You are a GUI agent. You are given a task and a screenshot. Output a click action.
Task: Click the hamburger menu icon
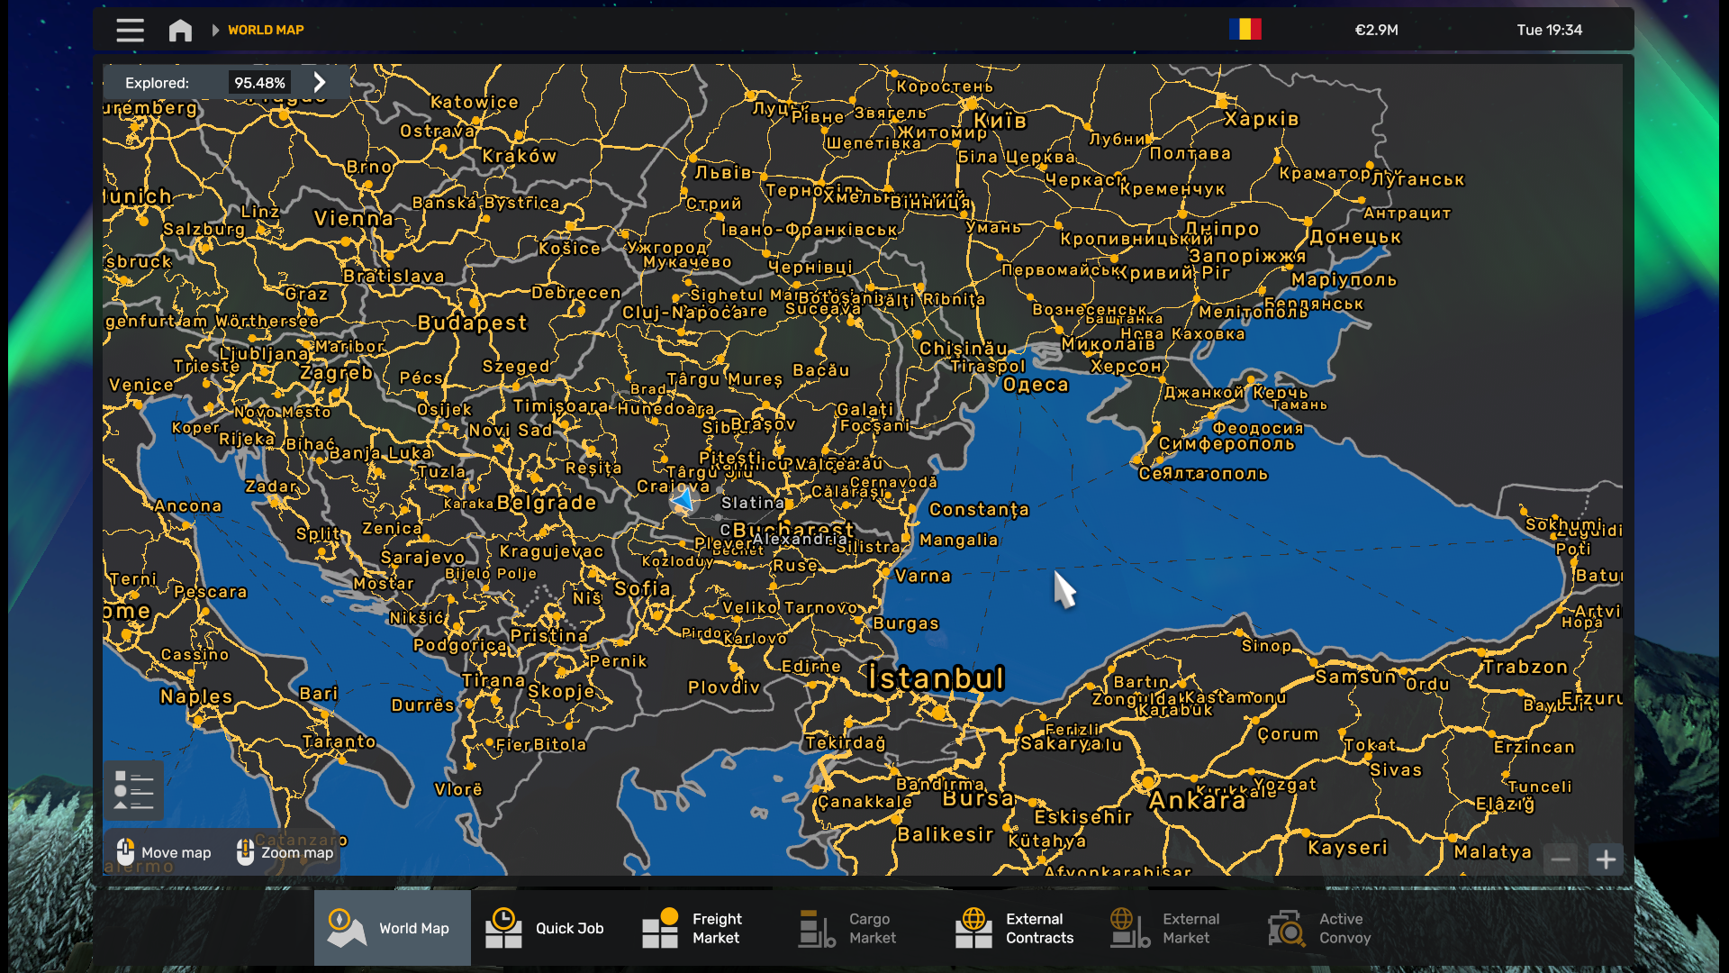tap(130, 30)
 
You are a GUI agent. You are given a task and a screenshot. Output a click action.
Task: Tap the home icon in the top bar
tap(180, 30)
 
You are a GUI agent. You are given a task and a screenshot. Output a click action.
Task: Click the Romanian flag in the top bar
tap(1245, 30)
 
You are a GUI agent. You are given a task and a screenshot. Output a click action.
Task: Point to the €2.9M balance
tap(1376, 30)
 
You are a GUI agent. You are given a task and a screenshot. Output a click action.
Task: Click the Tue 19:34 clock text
tap(1549, 30)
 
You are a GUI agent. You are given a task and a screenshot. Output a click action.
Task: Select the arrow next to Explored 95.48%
tap(320, 83)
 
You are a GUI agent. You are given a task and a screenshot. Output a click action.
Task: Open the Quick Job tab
tap(545, 928)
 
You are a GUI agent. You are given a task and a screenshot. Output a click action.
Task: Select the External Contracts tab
tap(1015, 928)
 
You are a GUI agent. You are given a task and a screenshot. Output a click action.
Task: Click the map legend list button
tap(133, 790)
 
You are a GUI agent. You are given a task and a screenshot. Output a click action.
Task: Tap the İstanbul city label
tap(936, 678)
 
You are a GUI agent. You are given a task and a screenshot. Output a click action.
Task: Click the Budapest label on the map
tap(472, 323)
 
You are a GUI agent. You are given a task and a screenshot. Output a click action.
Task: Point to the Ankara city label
tap(1197, 801)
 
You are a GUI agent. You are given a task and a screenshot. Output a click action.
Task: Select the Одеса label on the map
tap(1036, 385)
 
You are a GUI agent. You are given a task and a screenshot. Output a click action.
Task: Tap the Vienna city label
tap(354, 218)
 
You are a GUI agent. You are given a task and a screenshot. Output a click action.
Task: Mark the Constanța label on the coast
tap(978, 509)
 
